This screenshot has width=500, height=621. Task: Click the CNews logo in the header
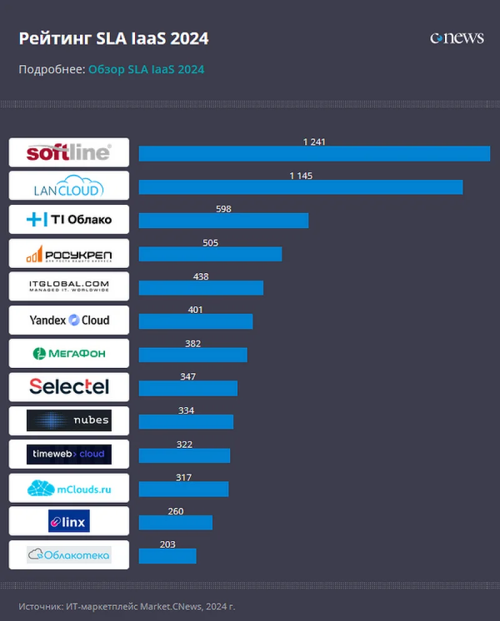tap(457, 38)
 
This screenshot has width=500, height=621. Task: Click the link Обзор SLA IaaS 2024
tap(146, 69)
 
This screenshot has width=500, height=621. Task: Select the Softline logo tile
tap(69, 152)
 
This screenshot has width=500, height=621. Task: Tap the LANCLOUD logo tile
tap(69, 186)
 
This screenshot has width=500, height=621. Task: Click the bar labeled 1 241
tap(314, 154)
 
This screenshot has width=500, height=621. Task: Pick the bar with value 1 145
tap(300, 187)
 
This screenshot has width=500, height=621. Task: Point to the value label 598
tap(223, 209)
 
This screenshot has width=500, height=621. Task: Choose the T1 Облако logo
tap(69, 219)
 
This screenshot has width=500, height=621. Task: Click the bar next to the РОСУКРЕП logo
tap(210, 254)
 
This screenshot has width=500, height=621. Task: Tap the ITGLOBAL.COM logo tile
tap(69, 287)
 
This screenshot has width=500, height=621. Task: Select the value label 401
tap(196, 310)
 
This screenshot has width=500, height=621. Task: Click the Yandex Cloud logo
tap(69, 320)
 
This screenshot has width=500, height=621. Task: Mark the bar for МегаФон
tap(192, 355)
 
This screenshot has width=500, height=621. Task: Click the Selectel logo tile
tap(69, 387)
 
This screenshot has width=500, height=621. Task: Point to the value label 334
tap(186, 410)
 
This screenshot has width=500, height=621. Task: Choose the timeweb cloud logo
tap(69, 454)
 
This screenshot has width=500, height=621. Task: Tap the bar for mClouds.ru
tap(183, 489)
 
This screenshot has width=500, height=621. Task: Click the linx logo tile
tap(69, 521)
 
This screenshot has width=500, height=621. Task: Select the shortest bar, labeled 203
tap(167, 556)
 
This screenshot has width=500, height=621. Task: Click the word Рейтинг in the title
tap(55, 39)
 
